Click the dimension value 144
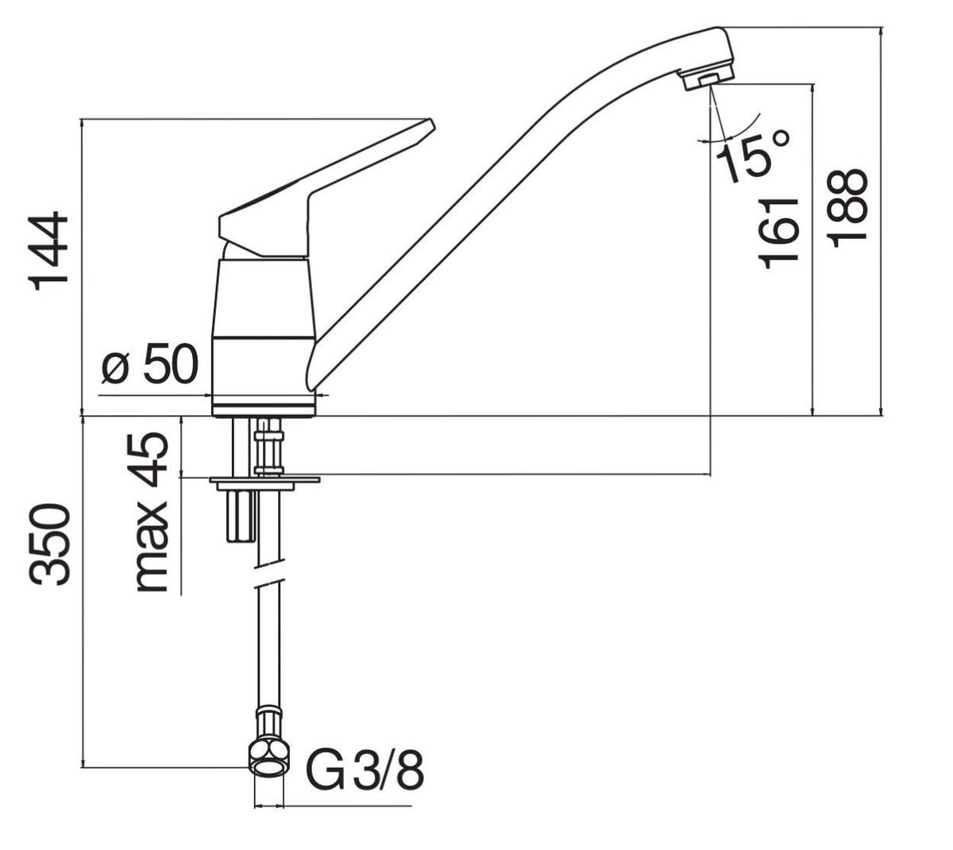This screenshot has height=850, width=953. [x=49, y=251]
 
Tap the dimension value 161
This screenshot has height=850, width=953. [x=777, y=232]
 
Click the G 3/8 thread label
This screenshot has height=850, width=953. [x=365, y=771]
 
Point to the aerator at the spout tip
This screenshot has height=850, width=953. [x=705, y=79]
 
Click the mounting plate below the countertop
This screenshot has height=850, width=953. [x=264, y=480]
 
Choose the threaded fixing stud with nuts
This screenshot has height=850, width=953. [x=269, y=448]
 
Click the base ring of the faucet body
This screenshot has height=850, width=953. [x=264, y=407]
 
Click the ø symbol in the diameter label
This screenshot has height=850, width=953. [x=115, y=367]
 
